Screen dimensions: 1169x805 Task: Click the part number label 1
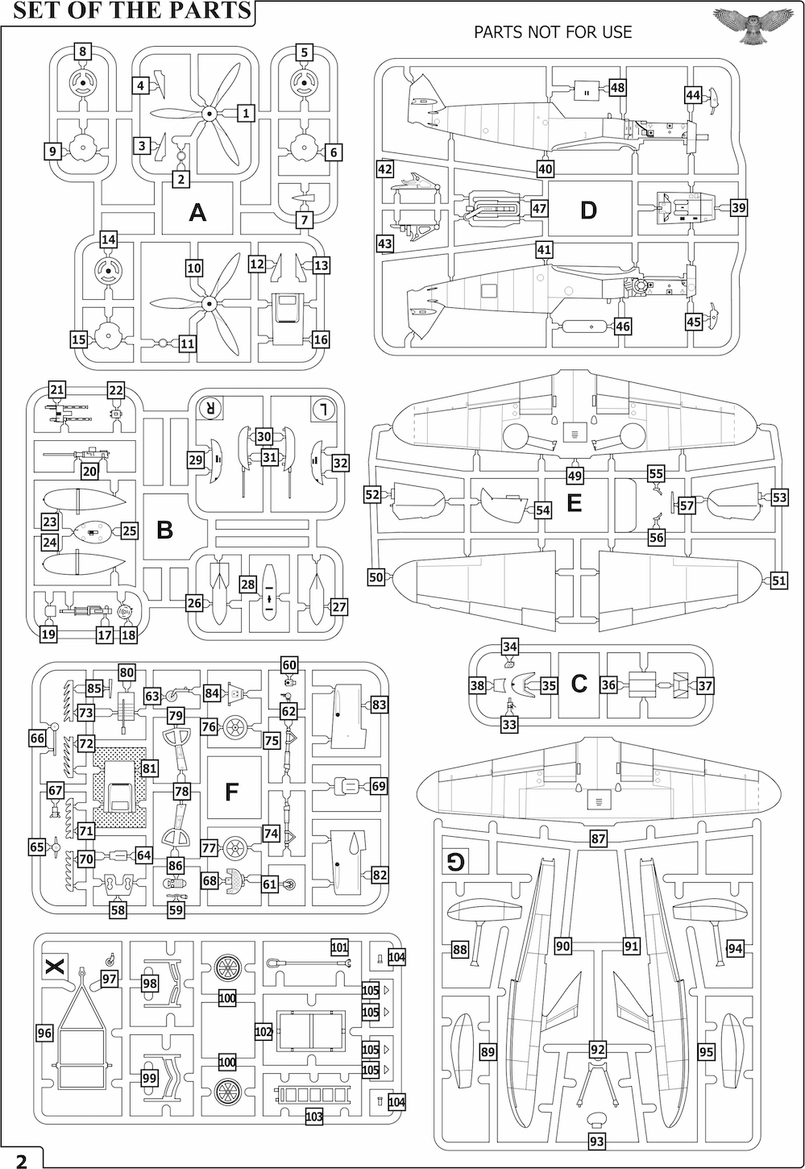click(x=246, y=113)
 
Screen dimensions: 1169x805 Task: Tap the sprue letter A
click(x=197, y=212)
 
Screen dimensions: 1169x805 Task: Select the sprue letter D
click(x=588, y=210)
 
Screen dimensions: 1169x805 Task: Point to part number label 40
click(x=546, y=169)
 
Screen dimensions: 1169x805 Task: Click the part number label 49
click(x=575, y=475)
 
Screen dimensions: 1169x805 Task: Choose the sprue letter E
click(x=574, y=503)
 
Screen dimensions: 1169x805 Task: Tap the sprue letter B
click(x=164, y=530)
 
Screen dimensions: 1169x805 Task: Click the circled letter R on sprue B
click(x=210, y=408)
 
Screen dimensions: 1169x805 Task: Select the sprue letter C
click(x=579, y=684)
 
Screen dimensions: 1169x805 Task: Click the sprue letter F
click(x=231, y=792)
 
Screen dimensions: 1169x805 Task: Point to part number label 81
click(x=149, y=768)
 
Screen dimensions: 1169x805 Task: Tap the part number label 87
click(x=598, y=838)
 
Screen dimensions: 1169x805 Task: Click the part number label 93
click(x=596, y=1142)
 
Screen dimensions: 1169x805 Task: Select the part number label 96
click(x=44, y=1032)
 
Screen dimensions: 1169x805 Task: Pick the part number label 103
click(x=313, y=1117)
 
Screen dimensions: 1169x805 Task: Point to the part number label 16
click(x=321, y=339)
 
